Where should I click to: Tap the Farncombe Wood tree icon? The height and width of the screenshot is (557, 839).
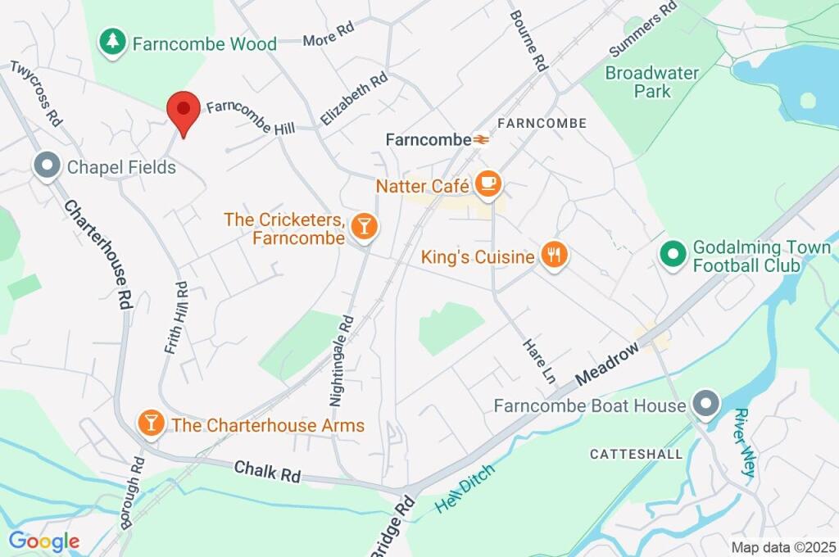point(111,43)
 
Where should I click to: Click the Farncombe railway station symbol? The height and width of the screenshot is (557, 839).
point(481,140)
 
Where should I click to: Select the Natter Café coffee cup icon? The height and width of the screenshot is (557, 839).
point(489,184)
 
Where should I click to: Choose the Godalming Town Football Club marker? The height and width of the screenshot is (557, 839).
point(673,255)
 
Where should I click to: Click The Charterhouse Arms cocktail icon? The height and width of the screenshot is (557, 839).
point(151,424)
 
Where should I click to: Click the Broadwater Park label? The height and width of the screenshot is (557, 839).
point(652,81)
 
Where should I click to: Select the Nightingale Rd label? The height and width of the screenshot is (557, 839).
point(341,361)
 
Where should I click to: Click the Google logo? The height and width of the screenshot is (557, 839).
point(43,541)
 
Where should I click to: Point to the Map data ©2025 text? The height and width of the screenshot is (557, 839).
point(783,546)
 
